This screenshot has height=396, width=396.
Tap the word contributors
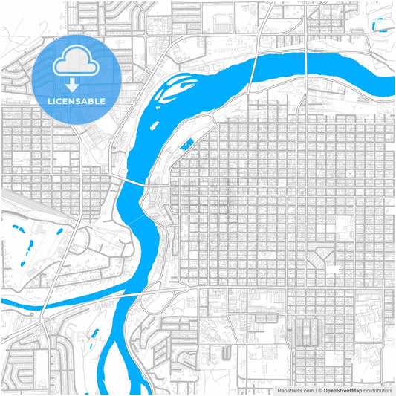click(x=378, y=389)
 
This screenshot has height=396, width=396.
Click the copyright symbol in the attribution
click(x=319, y=389)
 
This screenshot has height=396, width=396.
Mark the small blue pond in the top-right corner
click(x=383, y=29)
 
